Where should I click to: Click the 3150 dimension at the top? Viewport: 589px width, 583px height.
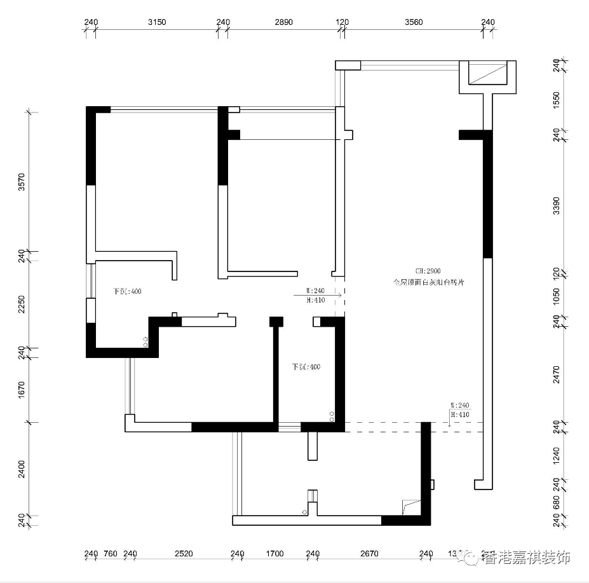click(157, 22)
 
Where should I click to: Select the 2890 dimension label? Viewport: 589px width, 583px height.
click(283, 22)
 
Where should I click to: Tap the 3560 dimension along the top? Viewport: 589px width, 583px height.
click(414, 22)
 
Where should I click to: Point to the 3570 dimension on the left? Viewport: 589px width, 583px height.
click(22, 183)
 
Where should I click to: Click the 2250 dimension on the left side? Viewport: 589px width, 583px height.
click(22, 305)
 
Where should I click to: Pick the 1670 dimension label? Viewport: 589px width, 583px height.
click(22, 389)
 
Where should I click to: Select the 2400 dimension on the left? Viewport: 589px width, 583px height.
click(22, 469)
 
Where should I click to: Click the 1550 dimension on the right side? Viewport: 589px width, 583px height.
click(557, 100)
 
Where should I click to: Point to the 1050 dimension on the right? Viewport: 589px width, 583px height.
click(557, 296)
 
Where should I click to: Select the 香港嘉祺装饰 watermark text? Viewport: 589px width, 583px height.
click(527, 558)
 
